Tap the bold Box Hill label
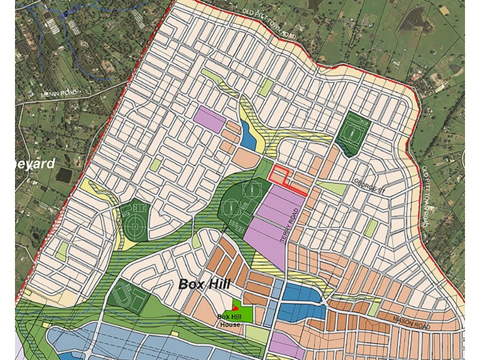[x=204, y=284]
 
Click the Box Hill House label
[x=229, y=320]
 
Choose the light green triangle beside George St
[x=335, y=188]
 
